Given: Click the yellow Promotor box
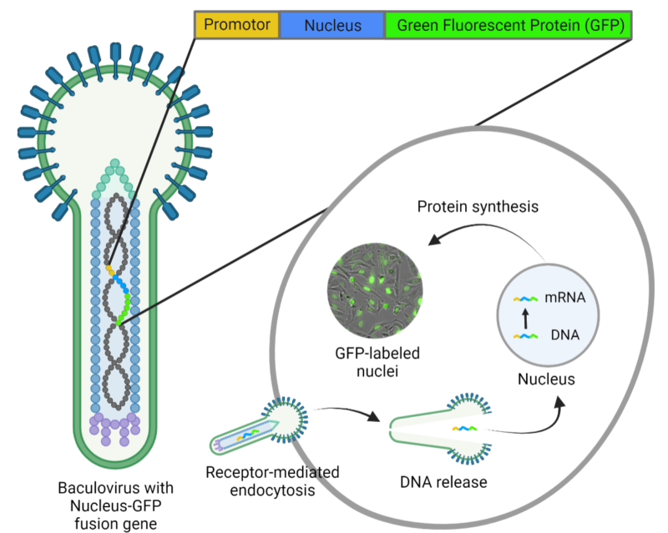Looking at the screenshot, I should click(x=237, y=26).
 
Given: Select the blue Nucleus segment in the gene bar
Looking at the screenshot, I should click(x=332, y=26).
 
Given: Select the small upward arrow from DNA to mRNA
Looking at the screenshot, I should click(x=525, y=317).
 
